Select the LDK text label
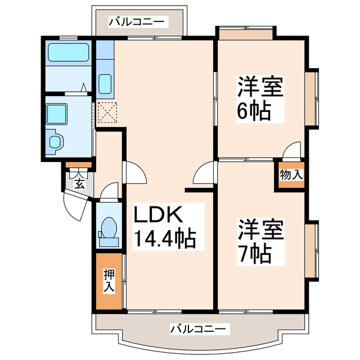[157, 217]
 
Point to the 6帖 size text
[254, 111]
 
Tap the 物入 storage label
[291, 175]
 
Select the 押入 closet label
[109, 280]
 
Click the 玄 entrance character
[79, 182]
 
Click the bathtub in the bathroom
[67, 53]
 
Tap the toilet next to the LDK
[108, 231]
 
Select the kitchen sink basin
[105, 84]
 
